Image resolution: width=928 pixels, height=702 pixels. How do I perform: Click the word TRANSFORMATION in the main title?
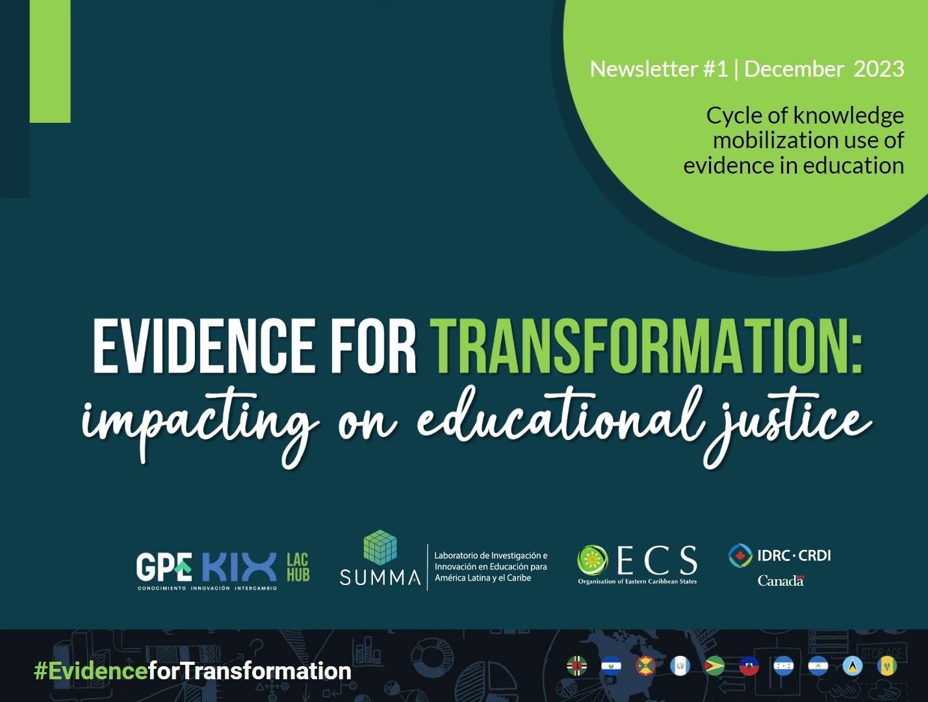[645, 346]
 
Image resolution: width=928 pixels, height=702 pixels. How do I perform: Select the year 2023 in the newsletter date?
[879, 69]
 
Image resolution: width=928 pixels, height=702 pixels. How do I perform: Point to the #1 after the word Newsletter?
[715, 69]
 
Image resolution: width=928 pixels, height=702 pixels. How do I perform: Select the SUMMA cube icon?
[380, 547]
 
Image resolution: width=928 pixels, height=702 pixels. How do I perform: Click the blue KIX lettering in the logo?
[239, 567]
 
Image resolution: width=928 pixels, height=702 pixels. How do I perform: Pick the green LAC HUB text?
[298, 567]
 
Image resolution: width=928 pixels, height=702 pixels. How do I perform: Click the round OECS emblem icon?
[593, 560]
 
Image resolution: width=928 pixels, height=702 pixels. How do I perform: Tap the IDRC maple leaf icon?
[740, 555]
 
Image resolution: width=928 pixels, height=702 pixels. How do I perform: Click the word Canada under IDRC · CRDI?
[780, 580]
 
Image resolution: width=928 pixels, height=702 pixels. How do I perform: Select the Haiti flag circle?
[749, 666]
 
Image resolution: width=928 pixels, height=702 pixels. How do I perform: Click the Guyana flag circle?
[714, 666]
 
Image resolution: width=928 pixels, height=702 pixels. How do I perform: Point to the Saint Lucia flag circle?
[853, 666]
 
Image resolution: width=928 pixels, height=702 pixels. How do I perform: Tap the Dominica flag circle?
[576, 666]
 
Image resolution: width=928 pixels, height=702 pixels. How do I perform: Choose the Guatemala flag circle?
[680, 666]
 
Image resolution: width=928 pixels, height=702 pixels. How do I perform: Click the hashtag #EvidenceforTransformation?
[192, 671]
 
